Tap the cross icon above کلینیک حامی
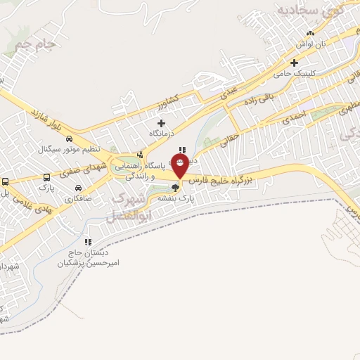294,63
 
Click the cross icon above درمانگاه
162,123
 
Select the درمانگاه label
162,133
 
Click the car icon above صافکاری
77,188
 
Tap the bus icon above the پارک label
47,178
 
